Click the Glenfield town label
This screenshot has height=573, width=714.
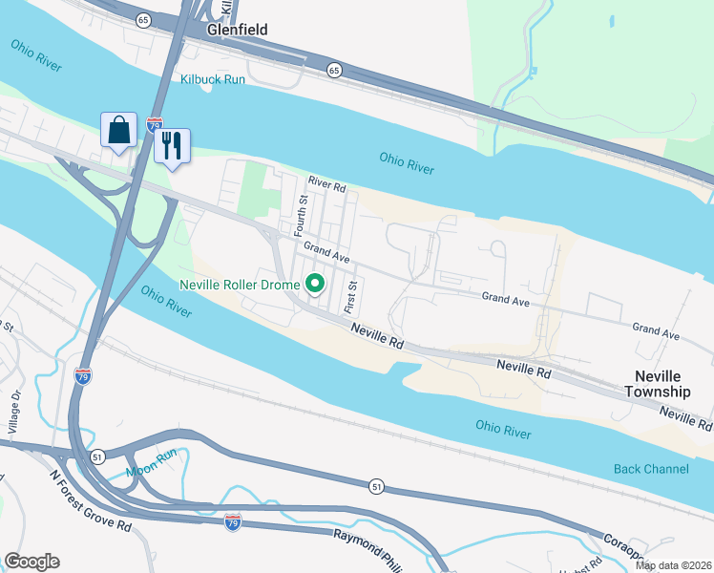(237, 30)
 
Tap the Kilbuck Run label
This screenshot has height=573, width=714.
(213, 79)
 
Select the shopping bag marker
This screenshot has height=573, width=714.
(118, 131)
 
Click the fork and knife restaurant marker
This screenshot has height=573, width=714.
(172, 146)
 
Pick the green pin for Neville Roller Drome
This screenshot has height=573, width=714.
(315, 284)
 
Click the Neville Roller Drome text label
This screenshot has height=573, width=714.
(241, 285)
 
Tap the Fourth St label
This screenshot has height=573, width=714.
(301, 216)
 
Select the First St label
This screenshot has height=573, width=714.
(351, 297)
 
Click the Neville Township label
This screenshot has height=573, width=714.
(657, 384)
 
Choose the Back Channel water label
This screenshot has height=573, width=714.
(651, 469)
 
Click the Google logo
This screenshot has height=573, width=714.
(31, 562)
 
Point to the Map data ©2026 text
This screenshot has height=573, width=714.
(673, 565)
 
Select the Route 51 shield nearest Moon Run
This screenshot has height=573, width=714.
(97, 457)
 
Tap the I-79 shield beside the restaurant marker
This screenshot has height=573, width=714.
(155, 124)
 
